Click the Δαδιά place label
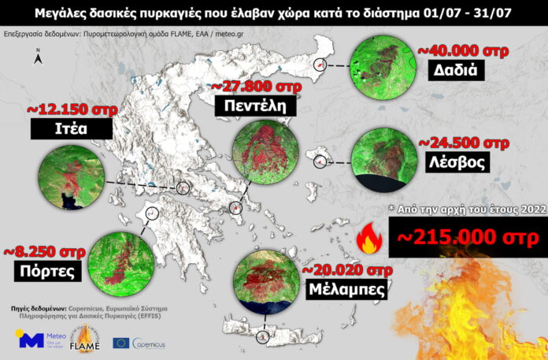(457, 70)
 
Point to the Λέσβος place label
(456, 161)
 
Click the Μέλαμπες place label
(347, 288)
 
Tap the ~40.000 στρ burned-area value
(462, 50)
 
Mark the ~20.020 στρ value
(347, 269)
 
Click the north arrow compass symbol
(39, 56)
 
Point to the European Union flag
(121, 343)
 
